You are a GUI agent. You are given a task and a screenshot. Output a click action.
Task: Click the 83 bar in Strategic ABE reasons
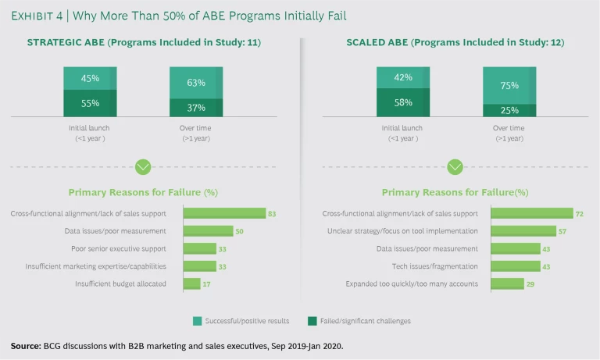224,213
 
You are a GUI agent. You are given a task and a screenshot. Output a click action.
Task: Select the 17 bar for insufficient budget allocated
191,283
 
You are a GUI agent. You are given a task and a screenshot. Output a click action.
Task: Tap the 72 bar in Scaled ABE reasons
532,213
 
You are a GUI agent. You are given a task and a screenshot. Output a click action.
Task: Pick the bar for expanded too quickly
508,283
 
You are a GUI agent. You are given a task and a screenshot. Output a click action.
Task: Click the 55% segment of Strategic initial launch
90,103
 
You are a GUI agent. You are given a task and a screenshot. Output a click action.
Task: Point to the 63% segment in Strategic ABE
195,83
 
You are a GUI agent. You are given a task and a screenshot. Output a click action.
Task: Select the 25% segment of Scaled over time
509,110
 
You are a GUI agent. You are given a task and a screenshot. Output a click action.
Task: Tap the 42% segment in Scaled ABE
402,77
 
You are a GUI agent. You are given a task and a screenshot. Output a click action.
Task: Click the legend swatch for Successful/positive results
197,320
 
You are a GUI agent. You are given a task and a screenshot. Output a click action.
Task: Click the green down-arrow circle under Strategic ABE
143,166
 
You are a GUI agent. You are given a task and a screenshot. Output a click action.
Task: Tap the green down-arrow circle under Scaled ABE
455,166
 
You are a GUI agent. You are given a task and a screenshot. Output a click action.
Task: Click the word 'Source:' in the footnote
24,345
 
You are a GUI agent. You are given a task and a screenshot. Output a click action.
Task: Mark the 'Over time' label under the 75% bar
509,128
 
